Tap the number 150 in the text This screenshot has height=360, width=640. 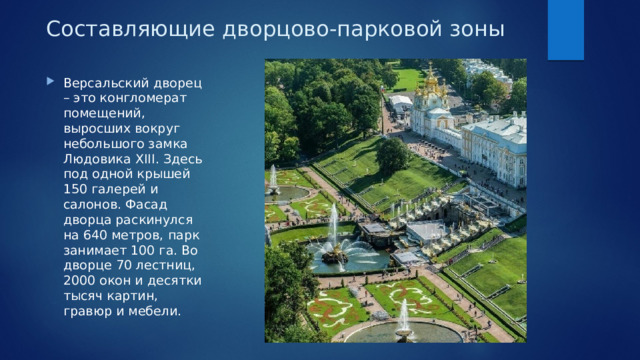[x=76, y=197]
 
